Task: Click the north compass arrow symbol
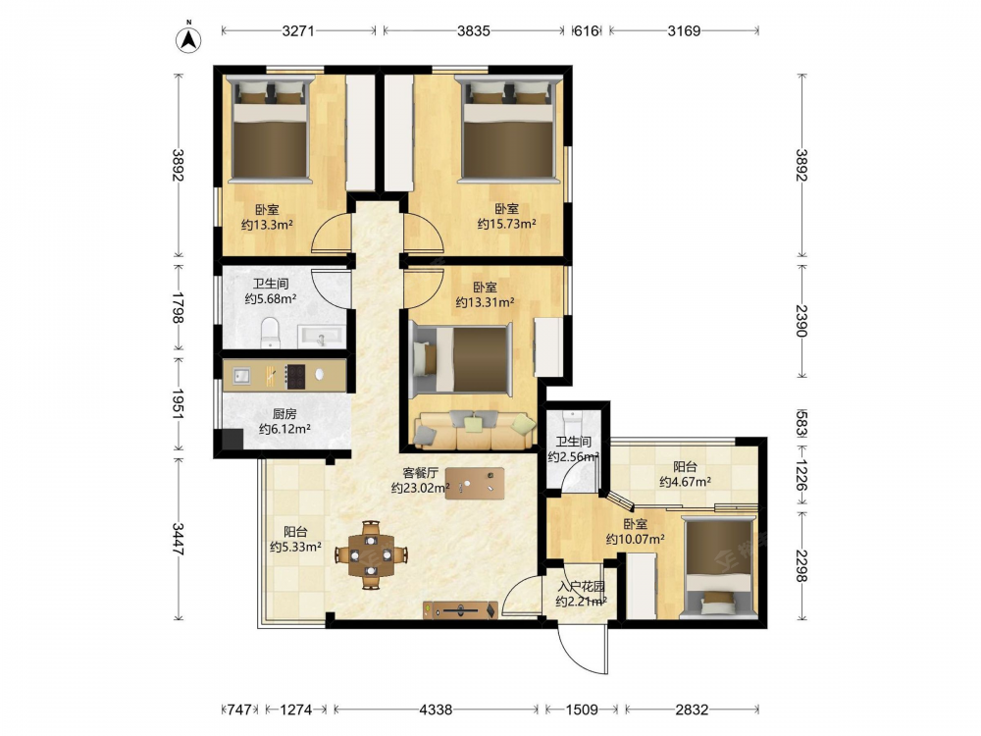[x=188, y=39]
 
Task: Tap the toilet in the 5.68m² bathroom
[x=270, y=332]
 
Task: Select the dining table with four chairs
[x=371, y=554]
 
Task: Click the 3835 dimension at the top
[x=474, y=30]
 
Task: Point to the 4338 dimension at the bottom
[x=436, y=710]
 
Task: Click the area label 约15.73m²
[x=507, y=224]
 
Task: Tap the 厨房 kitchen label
[x=284, y=414]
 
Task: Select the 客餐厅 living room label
[x=419, y=473]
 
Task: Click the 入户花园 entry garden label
[x=581, y=587]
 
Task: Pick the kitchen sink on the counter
[x=241, y=376]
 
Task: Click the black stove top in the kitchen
[x=295, y=377]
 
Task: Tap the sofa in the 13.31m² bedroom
[x=476, y=430]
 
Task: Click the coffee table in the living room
[x=475, y=483]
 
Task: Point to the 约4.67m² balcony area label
[x=685, y=482]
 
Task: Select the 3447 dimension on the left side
[x=178, y=538]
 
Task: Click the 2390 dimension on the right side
[x=801, y=321]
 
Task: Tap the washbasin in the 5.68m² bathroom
[x=321, y=336]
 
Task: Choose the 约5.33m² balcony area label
[x=296, y=547]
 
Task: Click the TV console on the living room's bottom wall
[x=460, y=609]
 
